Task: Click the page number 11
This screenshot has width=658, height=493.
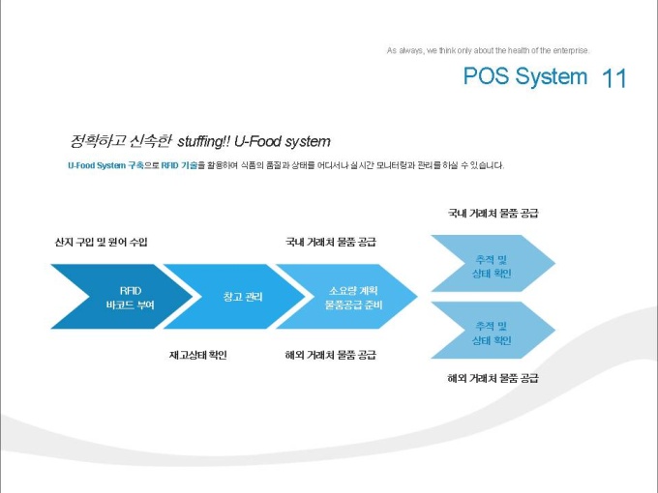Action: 614,78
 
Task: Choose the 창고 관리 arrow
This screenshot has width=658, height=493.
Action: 240,297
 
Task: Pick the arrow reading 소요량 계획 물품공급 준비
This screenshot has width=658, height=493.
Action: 354,297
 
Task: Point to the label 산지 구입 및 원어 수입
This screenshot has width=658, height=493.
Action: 102,241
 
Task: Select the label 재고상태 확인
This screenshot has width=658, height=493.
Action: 197,355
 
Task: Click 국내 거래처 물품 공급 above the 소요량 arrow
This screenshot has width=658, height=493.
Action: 331,241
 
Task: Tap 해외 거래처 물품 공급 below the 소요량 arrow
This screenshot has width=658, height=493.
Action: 331,355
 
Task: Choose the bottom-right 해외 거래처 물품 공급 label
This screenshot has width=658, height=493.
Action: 493,377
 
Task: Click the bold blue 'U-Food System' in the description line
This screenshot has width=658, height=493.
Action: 97,165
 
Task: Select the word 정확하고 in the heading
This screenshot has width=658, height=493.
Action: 93,141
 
